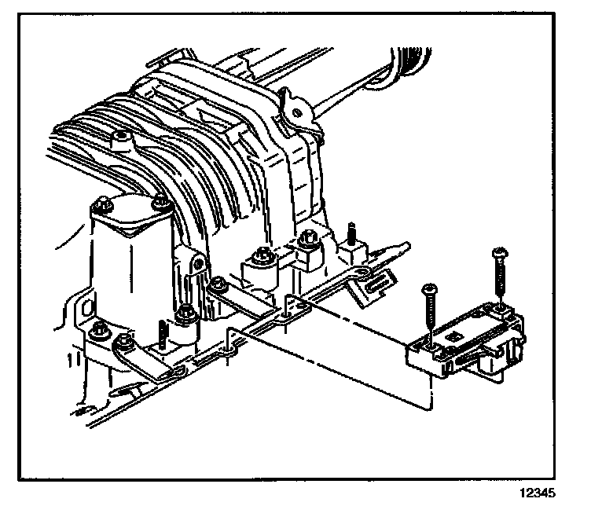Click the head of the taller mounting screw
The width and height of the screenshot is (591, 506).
pyautogui.click(x=500, y=253)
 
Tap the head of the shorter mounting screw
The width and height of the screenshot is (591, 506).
pyautogui.click(x=428, y=288)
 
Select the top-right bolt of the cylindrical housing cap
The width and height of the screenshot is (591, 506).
pyautogui.click(x=163, y=203)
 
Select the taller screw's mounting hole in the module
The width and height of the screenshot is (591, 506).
pyautogui.click(x=497, y=307)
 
